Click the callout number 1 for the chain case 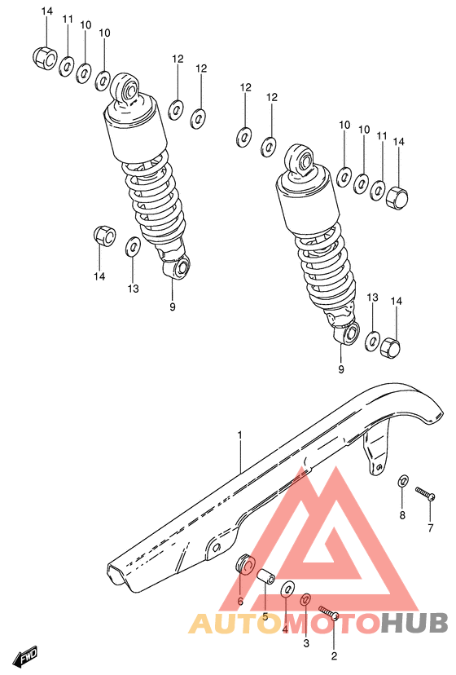pyautogui.click(x=240, y=435)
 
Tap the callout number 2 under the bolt pyautogui.click(x=334, y=655)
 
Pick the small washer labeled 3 pyautogui.click(x=306, y=600)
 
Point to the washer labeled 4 pyautogui.click(x=287, y=588)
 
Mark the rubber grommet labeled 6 pyautogui.click(x=243, y=565)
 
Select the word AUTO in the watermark pyautogui.click(x=227, y=624)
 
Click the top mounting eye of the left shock pyautogui.click(x=128, y=87)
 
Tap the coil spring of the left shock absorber pyautogui.click(x=155, y=200)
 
